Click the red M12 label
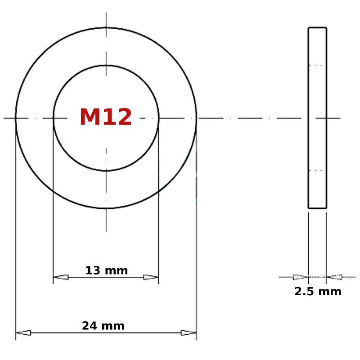click(106, 117)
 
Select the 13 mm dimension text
click(107, 270)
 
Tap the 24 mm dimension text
click(103, 326)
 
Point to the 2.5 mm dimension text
click(318, 292)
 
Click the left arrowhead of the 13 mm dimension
click(61, 277)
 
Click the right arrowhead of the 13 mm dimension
click(151, 277)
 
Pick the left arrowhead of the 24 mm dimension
click(23, 333)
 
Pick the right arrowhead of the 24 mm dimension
click(189, 333)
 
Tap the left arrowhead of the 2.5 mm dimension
click(301, 277)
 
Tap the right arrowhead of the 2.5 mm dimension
click(334, 277)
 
